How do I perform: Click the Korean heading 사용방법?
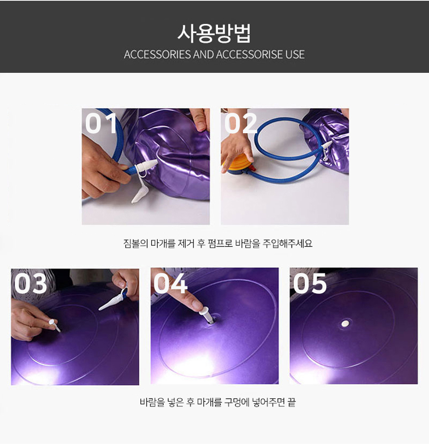click(x=214, y=33)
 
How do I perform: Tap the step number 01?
click(x=101, y=123)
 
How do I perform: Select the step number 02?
click(x=240, y=123)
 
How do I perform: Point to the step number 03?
click(x=31, y=283)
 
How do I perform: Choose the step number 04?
click(x=171, y=283)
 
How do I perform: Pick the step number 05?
click(x=310, y=283)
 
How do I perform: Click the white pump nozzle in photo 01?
click(x=146, y=166)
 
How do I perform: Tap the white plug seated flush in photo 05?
click(x=345, y=323)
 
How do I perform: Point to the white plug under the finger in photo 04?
click(x=207, y=315)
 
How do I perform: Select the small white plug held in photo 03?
click(x=54, y=325)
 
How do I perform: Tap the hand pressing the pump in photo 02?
click(x=236, y=149)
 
